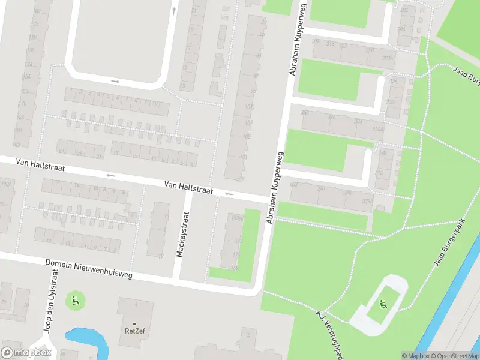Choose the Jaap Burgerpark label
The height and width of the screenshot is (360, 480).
pos(450,243)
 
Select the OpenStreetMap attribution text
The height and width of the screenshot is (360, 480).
pos(453,356)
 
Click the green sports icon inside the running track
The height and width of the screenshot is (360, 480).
pos(383,304)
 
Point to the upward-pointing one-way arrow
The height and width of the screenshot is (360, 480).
pos(174,11)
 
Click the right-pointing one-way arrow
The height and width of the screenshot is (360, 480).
pos(115,81)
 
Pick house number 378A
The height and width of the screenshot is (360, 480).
pos(368,202)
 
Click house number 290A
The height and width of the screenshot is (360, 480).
pos(388,58)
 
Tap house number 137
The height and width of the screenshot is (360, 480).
pos(241,179)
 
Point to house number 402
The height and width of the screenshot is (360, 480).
pos(294,185)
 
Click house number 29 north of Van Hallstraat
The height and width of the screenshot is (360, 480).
pos(61,151)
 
